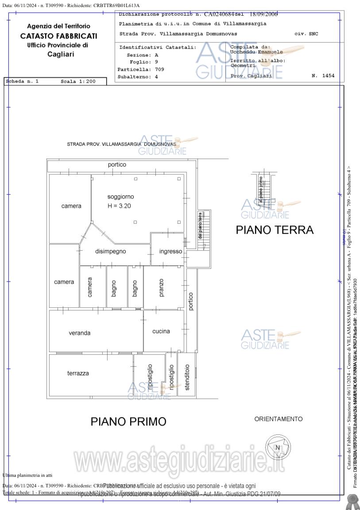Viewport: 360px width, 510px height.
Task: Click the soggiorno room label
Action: click(120, 197)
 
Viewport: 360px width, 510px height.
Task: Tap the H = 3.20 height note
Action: click(120, 206)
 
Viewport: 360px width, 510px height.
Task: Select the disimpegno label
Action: click(111, 251)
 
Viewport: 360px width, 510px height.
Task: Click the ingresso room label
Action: click(170, 251)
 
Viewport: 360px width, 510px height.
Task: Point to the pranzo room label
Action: click(161, 287)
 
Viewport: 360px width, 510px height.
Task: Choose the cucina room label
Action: click(161, 331)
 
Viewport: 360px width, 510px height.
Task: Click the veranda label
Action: click(80, 333)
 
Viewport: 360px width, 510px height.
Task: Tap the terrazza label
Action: click(78, 373)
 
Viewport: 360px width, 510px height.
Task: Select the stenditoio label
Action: click(187, 377)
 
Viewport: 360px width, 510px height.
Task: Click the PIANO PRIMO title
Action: click(128, 421)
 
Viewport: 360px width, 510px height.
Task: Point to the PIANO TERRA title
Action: click(275, 230)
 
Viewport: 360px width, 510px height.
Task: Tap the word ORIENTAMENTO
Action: click(279, 419)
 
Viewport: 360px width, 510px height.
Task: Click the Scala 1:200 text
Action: click(78, 81)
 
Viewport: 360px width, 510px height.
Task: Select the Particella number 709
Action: click(159, 70)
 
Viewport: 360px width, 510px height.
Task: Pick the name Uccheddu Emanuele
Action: click(256, 52)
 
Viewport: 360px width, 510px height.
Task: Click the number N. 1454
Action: click(323, 76)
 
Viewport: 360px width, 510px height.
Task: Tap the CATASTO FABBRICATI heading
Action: click(58, 36)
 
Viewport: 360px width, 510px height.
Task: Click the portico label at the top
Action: click(117, 165)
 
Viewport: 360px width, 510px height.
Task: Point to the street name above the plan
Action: click(121, 144)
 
